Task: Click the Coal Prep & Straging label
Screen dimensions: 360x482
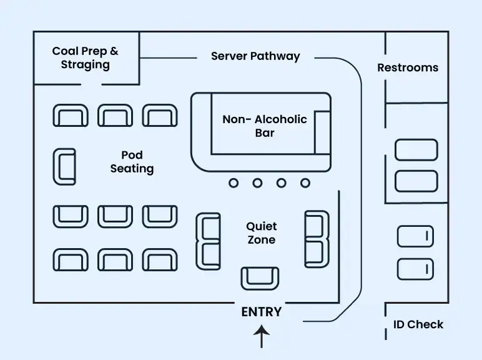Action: click(x=85, y=57)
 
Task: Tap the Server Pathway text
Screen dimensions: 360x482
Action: click(x=255, y=56)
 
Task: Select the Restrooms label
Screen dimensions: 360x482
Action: click(x=408, y=67)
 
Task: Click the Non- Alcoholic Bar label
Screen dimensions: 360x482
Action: click(x=265, y=126)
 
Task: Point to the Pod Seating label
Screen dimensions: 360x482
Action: click(x=132, y=162)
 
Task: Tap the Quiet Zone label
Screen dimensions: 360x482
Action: click(x=261, y=232)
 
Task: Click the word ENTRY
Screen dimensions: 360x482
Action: click(x=261, y=312)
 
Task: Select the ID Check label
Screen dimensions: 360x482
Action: click(x=418, y=324)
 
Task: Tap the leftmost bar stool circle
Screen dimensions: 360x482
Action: click(x=234, y=183)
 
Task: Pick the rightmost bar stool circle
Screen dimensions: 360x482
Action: click(x=305, y=183)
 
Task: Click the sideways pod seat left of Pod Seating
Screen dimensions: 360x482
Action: click(x=64, y=166)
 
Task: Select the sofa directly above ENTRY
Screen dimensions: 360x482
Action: click(x=260, y=277)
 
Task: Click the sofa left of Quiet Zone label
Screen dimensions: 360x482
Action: click(x=208, y=241)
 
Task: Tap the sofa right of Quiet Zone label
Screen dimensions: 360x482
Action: click(x=317, y=239)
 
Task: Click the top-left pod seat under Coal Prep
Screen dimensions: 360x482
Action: click(x=71, y=116)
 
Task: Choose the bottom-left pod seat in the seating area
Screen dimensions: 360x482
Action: click(x=71, y=259)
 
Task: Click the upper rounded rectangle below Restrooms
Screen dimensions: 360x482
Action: click(x=416, y=150)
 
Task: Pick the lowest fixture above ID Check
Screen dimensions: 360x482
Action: click(x=415, y=269)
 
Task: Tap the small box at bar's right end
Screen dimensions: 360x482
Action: click(x=322, y=132)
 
